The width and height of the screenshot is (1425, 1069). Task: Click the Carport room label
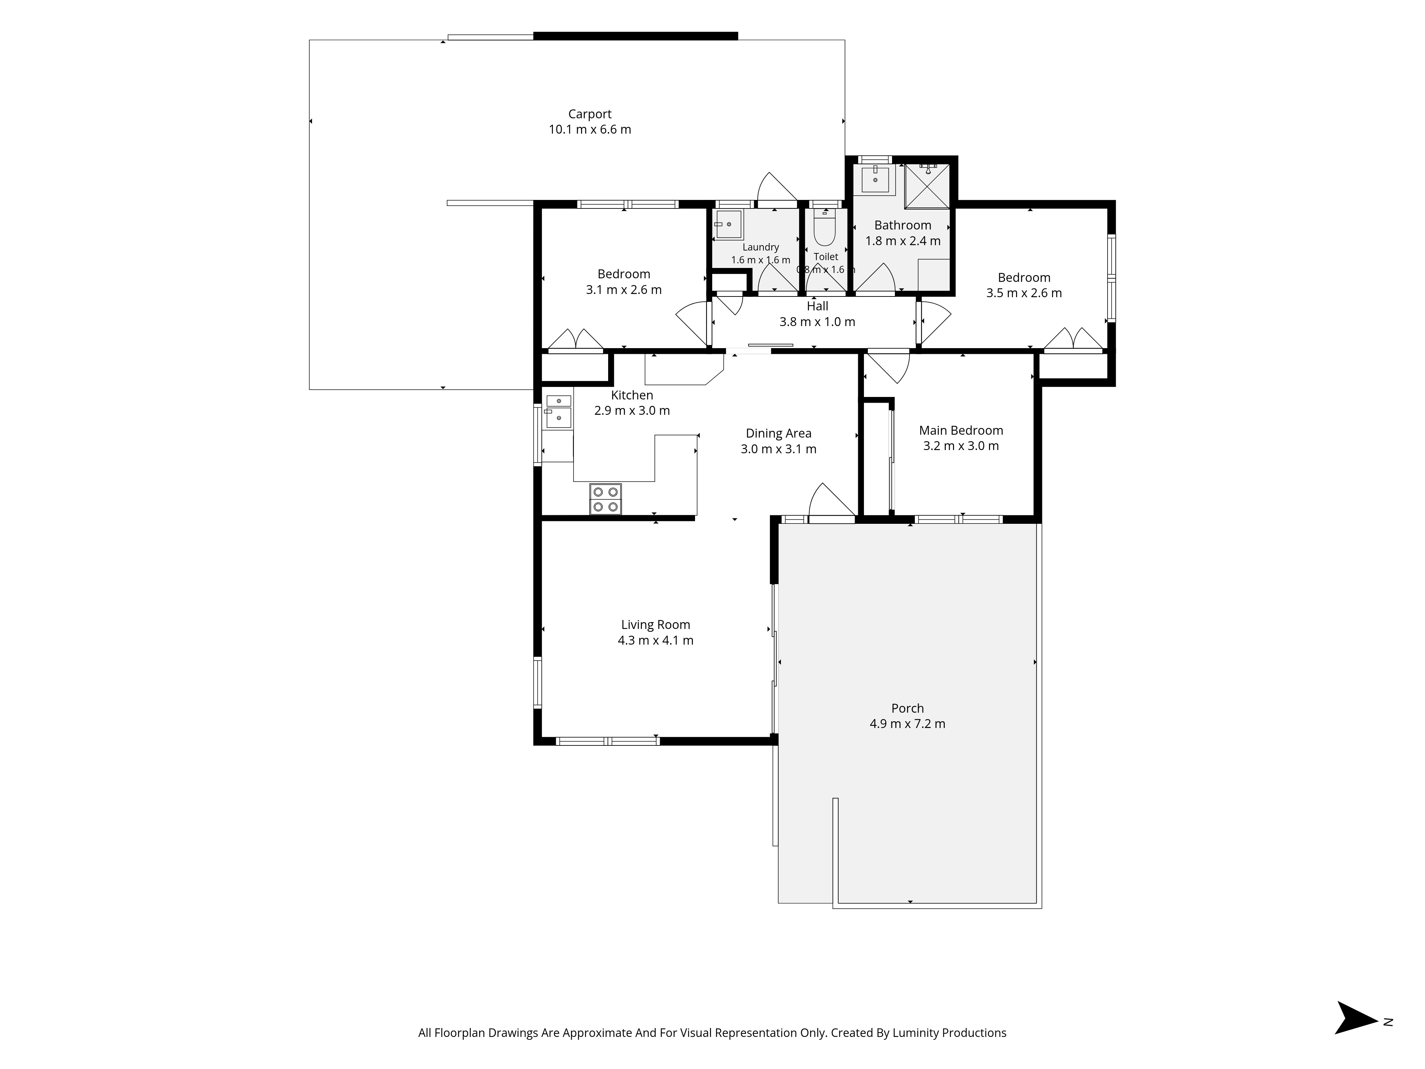click(590, 114)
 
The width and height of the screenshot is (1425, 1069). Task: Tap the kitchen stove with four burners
click(606, 499)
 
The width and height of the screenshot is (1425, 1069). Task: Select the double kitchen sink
click(559, 412)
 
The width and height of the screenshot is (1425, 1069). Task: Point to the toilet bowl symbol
click(825, 227)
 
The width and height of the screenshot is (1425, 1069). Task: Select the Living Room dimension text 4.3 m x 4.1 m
click(655, 640)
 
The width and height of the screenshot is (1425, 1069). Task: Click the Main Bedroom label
click(960, 430)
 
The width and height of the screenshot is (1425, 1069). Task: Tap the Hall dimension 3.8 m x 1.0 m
click(817, 321)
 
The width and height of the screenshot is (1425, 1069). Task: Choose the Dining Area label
click(778, 434)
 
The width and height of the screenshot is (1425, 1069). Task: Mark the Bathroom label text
click(902, 225)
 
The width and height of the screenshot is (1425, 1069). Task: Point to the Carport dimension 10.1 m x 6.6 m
click(590, 129)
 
